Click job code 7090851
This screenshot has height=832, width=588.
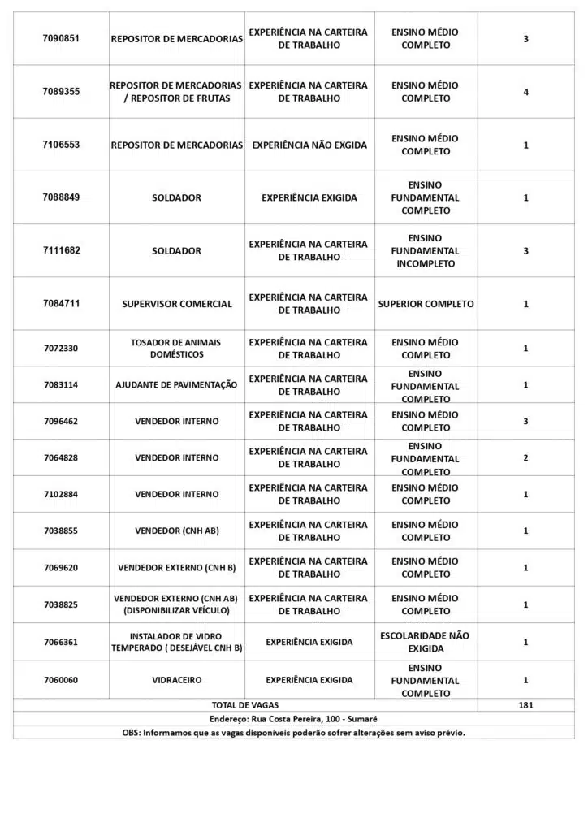(61, 39)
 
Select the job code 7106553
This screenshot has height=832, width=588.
(61, 145)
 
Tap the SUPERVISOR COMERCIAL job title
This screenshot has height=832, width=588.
(177, 304)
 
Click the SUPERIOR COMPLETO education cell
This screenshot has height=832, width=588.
(426, 304)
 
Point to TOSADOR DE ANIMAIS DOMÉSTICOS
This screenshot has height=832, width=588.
(175, 349)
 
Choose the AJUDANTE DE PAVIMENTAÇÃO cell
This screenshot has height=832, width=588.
(176, 385)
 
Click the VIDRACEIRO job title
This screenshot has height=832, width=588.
(176, 680)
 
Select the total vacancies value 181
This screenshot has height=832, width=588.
(525, 705)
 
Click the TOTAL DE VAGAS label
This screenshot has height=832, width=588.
(244, 705)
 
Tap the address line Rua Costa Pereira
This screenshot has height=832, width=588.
(293, 719)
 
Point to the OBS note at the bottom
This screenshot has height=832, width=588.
(293, 733)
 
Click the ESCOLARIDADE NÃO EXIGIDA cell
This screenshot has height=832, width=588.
(426, 642)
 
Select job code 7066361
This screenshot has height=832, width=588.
(61, 642)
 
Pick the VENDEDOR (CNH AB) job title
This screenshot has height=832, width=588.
(176, 531)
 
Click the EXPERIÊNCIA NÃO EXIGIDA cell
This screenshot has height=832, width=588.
(309, 145)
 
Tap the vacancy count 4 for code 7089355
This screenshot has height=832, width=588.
(525, 92)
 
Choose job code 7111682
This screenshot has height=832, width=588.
(61, 250)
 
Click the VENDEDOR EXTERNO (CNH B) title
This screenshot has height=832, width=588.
(176, 568)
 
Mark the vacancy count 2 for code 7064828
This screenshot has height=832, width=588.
(525, 458)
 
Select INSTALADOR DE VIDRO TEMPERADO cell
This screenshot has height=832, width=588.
(176, 642)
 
